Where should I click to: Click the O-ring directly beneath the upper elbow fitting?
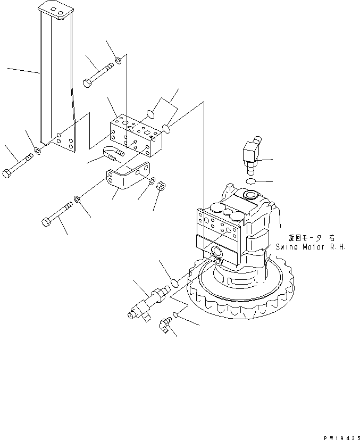[x=250, y=182]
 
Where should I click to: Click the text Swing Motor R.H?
[x=311, y=247]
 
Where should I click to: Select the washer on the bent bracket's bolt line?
[x=77, y=200]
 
